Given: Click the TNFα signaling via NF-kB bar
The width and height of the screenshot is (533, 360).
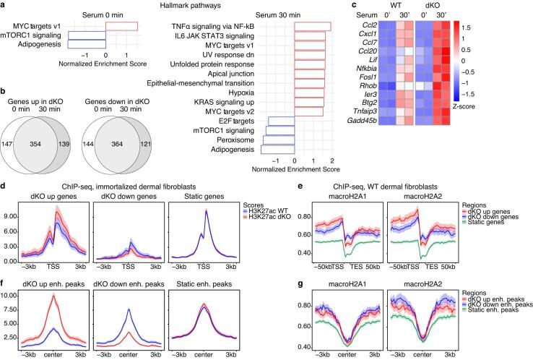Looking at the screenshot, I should (x=313, y=27).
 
